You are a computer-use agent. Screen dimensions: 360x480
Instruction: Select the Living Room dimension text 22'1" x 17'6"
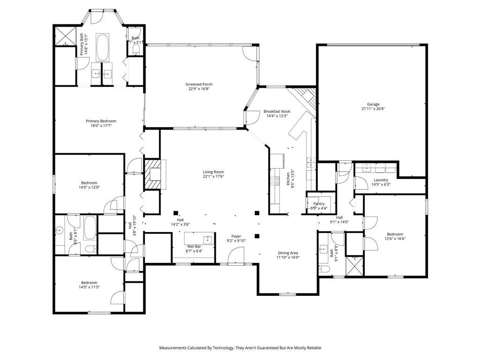[213, 177]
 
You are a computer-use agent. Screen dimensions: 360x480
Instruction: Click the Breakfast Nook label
[277, 111]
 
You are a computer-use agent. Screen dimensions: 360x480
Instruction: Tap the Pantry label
[319, 204]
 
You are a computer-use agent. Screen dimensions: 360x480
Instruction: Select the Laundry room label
[381, 180]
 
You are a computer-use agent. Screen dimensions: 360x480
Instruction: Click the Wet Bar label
[194, 246]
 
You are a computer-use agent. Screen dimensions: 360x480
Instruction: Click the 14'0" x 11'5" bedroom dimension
[89, 287]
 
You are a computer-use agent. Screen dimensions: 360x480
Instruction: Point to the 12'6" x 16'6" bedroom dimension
[395, 239]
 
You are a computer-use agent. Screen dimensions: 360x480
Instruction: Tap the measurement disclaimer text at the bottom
[240, 348]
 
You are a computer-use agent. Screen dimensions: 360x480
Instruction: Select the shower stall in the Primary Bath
[63, 37]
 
